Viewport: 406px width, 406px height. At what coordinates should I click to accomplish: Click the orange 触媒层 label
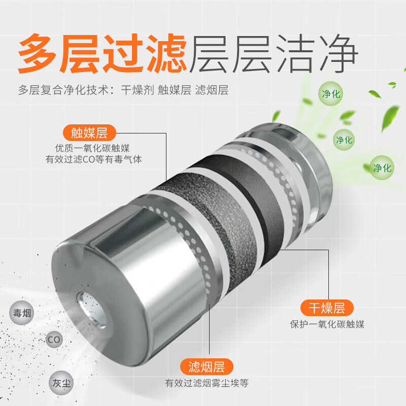pyautogui.click(x=89, y=133)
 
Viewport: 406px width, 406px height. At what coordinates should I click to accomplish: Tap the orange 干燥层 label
pyautogui.click(x=327, y=308)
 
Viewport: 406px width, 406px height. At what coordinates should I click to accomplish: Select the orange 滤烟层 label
pyautogui.click(x=207, y=366)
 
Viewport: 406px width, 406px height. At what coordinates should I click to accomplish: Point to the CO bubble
pyautogui.click(x=53, y=339)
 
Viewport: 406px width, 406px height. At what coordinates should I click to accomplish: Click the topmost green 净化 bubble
pyautogui.click(x=331, y=94)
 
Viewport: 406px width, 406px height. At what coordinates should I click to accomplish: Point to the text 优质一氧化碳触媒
pyautogui.click(x=93, y=148)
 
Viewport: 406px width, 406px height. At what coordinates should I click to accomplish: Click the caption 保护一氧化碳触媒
pyautogui.click(x=327, y=324)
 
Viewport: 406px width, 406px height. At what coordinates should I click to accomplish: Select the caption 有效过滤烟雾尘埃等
pyautogui.click(x=207, y=383)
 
